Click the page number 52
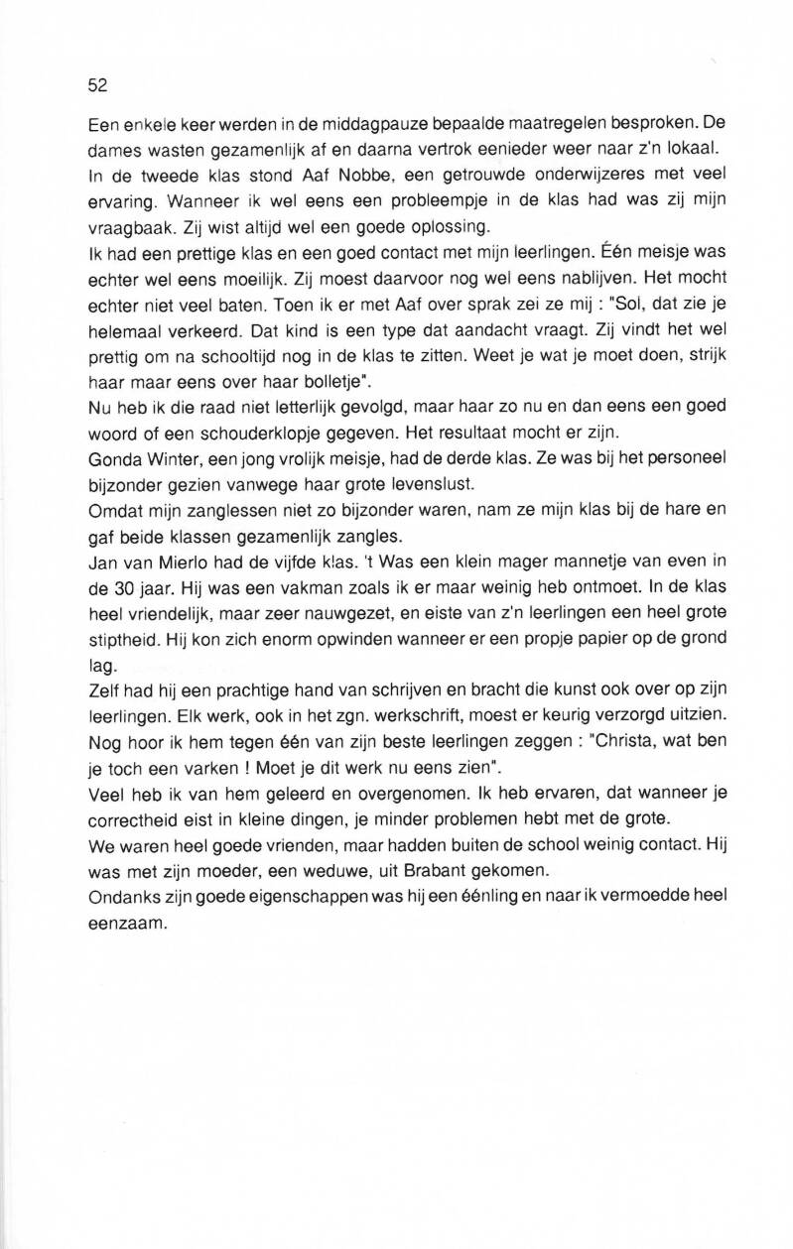[97, 85]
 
